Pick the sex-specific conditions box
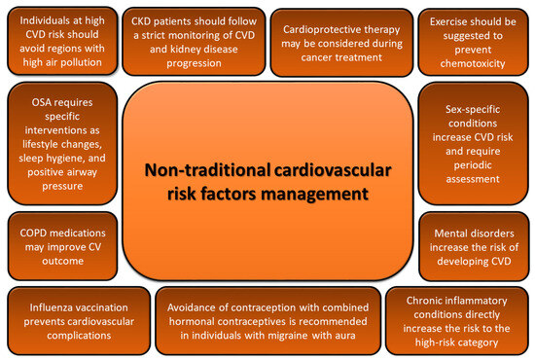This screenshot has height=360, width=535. click(x=472, y=141)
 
